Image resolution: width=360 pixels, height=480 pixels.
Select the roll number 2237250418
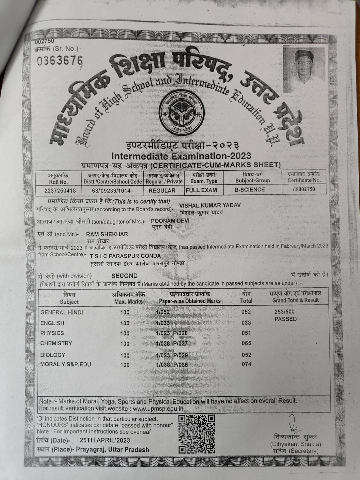tap(60, 190)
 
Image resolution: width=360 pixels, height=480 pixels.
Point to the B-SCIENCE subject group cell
tap(250, 190)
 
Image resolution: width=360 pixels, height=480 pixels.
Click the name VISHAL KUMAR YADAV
tap(210, 205)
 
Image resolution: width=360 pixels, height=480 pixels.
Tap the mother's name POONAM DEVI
tap(170, 221)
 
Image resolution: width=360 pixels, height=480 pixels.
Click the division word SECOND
tap(124, 276)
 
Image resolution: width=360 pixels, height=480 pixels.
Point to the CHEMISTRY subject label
tap(56, 343)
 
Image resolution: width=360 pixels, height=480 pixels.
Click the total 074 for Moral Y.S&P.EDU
tap(246, 364)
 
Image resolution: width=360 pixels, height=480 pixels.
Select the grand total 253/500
tap(284, 312)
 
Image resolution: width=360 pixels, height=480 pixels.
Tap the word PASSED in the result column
tap(285, 319)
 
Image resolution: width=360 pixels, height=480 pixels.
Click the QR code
tap(196, 434)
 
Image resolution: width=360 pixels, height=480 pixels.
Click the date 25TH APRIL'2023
tap(105, 440)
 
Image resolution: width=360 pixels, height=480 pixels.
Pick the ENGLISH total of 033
tap(246, 323)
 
